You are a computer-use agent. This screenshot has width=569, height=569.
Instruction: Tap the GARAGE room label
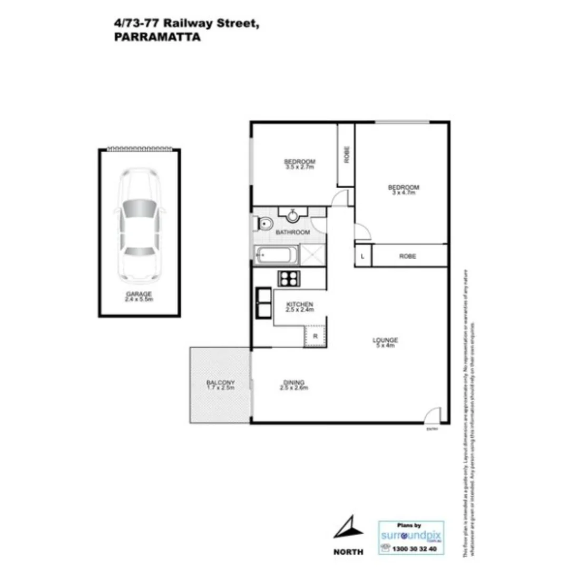139,294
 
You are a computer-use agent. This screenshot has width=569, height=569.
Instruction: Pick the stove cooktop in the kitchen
288,278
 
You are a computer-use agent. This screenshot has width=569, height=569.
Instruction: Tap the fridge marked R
315,336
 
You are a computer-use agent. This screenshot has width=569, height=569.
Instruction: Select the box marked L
363,257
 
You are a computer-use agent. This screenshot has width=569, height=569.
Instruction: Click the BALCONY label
220,382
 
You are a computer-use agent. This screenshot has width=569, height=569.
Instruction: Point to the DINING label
294,382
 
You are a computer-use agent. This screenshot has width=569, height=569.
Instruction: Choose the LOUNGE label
386,340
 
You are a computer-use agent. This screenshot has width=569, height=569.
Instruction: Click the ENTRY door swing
432,416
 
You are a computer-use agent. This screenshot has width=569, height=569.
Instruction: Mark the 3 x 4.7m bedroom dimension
403,193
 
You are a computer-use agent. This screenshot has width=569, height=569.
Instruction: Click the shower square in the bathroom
312,255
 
